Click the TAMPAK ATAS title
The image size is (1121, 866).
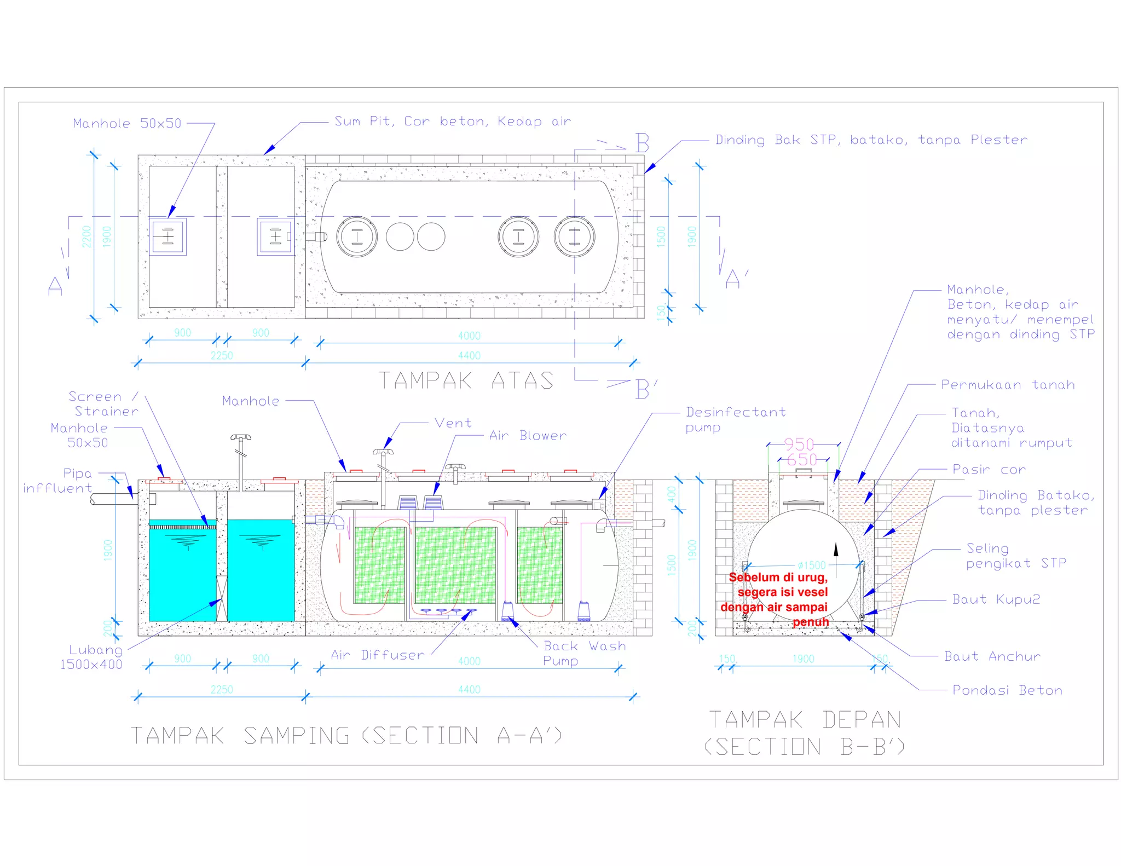[x=466, y=380]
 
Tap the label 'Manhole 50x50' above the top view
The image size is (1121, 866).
[x=127, y=124]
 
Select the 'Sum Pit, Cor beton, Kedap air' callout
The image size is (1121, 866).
[x=453, y=122]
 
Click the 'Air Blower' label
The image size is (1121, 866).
[x=528, y=436]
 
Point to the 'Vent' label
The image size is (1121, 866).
[x=453, y=423]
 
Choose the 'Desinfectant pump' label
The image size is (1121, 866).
[x=735, y=419]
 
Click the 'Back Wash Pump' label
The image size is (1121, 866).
[x=584, y=653]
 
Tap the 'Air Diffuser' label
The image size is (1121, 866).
[x=378, y=655]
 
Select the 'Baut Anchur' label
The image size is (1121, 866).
[x=992, y=656]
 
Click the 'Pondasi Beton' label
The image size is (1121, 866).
[x=1007, y=690]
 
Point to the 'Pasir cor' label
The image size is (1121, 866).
[x=989, y=470]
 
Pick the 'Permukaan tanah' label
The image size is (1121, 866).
[x=1008, y=385]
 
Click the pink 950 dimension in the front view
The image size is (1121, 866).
[x=799, y=444]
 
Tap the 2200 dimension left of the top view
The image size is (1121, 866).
[x=86, y=236]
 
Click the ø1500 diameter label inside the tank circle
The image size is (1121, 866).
[x=812, y=565]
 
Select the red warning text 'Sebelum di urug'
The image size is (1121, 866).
[x=778, y=578]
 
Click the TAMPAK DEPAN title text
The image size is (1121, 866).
[x=805, y=720]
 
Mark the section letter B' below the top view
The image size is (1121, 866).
[x=646, y=389]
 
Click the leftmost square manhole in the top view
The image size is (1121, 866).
[x=168, y=237]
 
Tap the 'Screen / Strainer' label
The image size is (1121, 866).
[x=103, y=404]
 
